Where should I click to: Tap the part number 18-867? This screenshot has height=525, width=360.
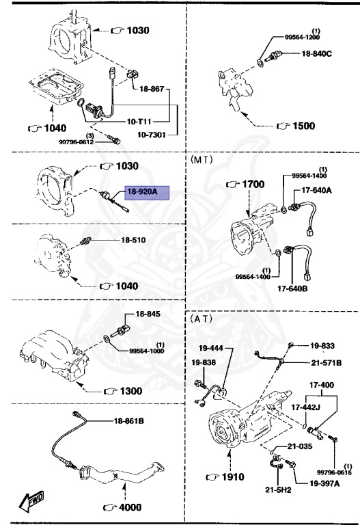point(152,89)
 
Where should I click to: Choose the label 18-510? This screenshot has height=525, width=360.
point(135,240)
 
